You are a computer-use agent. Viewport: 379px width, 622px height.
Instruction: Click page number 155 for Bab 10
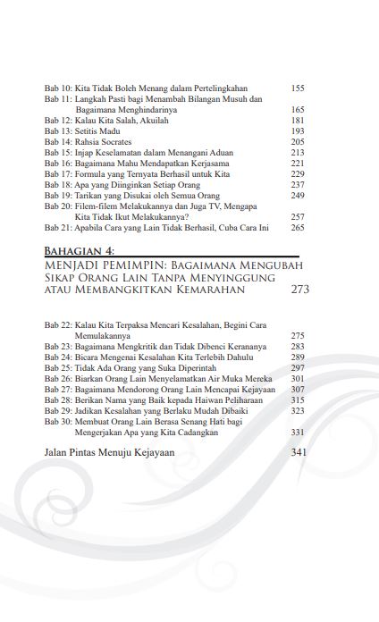pos(298,88)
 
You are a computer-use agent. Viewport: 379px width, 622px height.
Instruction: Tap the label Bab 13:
pos(59,130)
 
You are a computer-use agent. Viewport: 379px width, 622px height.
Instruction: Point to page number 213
pos(298,153)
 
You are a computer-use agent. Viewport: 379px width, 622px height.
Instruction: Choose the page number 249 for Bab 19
pos(298,195)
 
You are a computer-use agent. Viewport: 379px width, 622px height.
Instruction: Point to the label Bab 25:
pos(59,367)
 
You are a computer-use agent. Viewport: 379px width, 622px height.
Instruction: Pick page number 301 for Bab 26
pos(298,378)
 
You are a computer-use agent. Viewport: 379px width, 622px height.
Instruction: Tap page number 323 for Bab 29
pos(298,410)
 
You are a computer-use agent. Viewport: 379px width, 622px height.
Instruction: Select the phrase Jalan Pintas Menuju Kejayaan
pos(109,452)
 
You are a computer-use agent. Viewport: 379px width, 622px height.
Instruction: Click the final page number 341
pos(299,452)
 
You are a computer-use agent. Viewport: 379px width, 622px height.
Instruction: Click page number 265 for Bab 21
pos(298,228)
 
